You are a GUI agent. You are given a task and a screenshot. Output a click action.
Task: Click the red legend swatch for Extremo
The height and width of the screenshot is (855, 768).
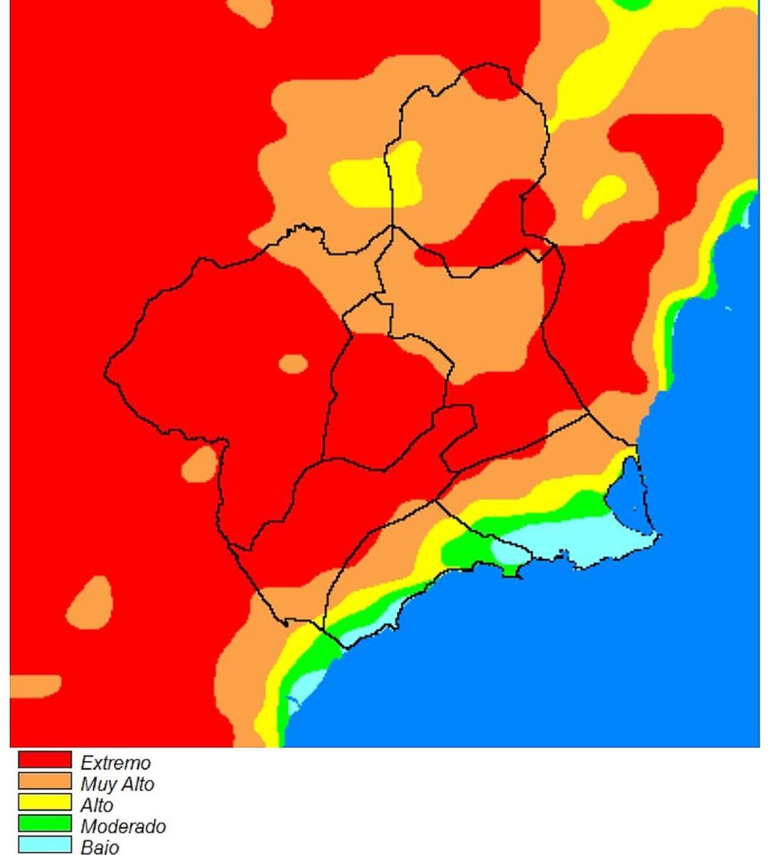click(x=44, y=760)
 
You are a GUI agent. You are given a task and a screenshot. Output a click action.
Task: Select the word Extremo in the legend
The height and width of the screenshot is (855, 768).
click(x=115, y=763)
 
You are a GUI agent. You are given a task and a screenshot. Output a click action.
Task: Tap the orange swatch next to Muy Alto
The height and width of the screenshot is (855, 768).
click(x=44, y=782)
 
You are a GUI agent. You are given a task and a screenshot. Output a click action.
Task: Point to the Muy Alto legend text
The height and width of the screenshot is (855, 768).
click(x=117, y=785)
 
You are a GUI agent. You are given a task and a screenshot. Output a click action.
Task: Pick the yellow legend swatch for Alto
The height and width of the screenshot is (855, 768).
click(x=44, y=803)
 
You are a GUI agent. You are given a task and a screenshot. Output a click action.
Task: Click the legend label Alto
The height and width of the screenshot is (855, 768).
click(x=97, y=806)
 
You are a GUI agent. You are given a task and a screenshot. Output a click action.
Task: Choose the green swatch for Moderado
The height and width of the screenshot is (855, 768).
click(x=44, y=824)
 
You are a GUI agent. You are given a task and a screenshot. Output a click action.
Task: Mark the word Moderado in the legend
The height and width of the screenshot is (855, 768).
click(x=122, y=827)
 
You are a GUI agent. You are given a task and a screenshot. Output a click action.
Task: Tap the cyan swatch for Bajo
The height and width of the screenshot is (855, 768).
click(x=44, y=845)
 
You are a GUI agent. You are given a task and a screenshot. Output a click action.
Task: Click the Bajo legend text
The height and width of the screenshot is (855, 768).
click(x=100, y=848)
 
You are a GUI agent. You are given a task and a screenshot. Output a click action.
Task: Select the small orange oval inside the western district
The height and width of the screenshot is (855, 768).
click(x=292, y=363)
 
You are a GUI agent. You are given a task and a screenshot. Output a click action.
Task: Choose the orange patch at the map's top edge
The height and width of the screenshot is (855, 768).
click(x=249, y=11)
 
